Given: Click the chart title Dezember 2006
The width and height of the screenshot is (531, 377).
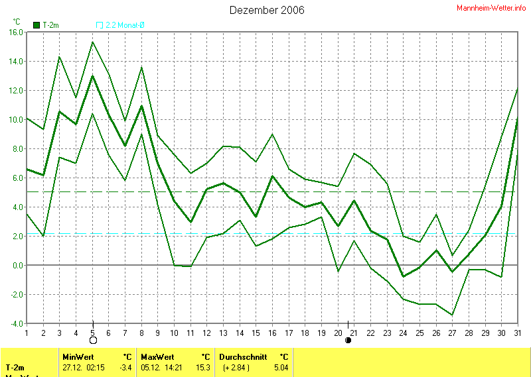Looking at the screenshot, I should click(x=267, y=10).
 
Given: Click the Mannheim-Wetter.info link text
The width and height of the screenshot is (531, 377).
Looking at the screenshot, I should click(x=491, y=8).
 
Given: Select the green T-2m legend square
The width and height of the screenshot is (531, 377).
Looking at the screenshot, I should click(x=37, y=25).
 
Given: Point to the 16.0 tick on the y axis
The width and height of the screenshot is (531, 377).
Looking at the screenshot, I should click(x=15, y=32).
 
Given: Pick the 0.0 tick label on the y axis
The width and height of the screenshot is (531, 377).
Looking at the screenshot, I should click(x=17, y=265).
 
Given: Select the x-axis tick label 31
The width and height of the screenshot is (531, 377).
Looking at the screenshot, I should click(x=518, y=333).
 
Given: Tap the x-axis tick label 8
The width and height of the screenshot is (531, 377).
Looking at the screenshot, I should click(x=142, y=333).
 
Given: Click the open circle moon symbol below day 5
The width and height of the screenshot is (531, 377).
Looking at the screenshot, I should click(x=93, y=341).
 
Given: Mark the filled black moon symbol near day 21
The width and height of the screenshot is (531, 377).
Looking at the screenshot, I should click(x=348, y=341).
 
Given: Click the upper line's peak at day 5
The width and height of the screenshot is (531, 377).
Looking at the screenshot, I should click(x=92, y=42).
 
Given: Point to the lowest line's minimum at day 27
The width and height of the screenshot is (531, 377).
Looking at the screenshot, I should click(x=453, y=315).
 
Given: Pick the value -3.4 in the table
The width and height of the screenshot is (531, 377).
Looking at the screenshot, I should click(x=125, y=367).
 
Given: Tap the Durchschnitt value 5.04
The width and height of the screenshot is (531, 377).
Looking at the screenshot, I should click(x=281, y=367).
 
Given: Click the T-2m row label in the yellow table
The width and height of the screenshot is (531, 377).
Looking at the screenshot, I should click(x=15, y=367).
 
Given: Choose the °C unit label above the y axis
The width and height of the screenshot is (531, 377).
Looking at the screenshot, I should click(x=17, y=21).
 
